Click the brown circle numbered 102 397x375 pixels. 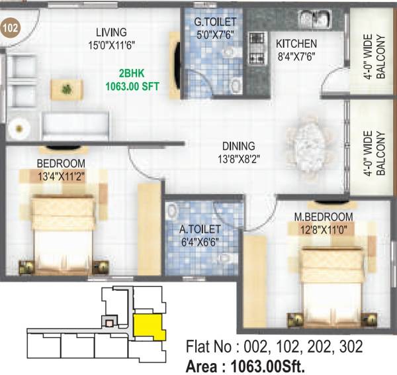10,28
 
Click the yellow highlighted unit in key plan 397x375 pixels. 147,326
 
